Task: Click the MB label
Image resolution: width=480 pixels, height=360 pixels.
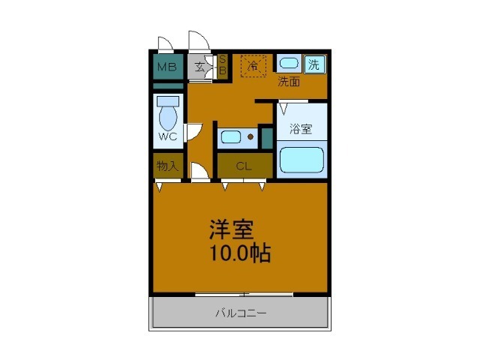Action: [x=167, y=66]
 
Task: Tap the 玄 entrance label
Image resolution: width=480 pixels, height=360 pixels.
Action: [x=200, y=66]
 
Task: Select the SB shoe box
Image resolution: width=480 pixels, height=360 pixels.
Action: [x=222, y=66]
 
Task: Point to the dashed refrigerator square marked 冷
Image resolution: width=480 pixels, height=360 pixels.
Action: [x=253, y=66]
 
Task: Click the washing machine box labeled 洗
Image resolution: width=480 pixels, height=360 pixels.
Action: [x=315, y=64]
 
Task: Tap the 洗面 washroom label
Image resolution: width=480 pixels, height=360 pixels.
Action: [x=289, y=81]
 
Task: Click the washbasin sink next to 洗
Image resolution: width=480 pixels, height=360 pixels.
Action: [x=289, y=64]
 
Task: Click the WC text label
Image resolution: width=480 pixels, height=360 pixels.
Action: [x=168, y=137]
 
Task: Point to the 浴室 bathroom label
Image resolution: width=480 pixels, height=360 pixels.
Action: [x=301, y=127]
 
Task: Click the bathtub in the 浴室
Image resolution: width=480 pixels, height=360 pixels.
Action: [x=300, y=160]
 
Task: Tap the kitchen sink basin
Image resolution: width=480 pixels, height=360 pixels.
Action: [x=231, y=137]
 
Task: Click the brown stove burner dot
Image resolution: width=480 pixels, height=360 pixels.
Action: [x=250, y=137]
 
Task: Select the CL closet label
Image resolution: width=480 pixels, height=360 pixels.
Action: [x=244, y=166]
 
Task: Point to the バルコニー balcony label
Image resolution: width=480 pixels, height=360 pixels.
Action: [x=241, y=312]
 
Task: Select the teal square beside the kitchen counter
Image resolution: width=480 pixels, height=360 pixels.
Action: [x=266, y=136]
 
